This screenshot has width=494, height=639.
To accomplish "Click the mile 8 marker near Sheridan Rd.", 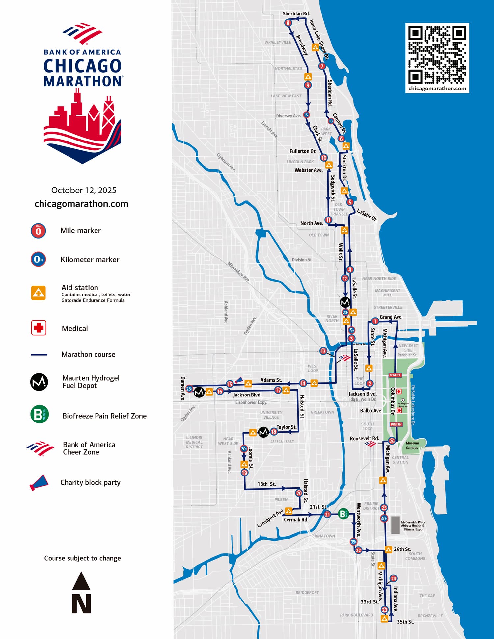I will pyautogui.click(x=288, y=23).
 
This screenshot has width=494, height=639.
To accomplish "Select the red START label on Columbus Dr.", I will pyautogui.click(x=395, y=375).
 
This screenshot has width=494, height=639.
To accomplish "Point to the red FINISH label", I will pyautogui.click(x=396, y=424).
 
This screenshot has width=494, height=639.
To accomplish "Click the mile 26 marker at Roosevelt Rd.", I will pyautogui.click(x=392, y=441).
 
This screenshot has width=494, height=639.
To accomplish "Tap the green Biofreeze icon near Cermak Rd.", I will pyautogui.click(x=343, y=514).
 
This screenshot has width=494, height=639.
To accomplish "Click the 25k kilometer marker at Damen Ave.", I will pyautogui.click(x=189, y=389).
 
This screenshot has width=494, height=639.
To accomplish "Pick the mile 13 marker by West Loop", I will pyautogui.click(x=323, y=351).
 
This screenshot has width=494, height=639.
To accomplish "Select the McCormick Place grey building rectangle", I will pyautogui.click(x=395, y=525).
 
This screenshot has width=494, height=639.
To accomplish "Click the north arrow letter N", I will pyautogui.click(x=81, y=604).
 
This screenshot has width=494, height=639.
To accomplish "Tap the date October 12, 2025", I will pyautogui.click(x=84, y=190).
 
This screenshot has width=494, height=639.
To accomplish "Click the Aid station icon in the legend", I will pyautogui.click(x=38, y=293).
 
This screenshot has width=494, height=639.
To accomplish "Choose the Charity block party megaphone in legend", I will pyautogui.click(x=39, y=483).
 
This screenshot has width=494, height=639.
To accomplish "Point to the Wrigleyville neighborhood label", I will pyautogui.click(x=278, y=42).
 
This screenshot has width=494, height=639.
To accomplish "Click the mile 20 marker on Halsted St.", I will pyautogui.click(x=299, y=493).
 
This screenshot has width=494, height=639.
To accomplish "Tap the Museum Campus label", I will pyautogui.click(x=412, y=445).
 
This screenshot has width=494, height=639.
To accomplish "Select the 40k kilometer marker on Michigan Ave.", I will pyautogui.click(x=384, y=519).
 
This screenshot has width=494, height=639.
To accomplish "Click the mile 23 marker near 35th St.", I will pyautogui.click(x=384, y=610).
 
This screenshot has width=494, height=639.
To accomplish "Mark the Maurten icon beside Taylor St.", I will pyautogui.click(x=263, y=432).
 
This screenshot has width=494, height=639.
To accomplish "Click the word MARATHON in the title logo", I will pyautogui.click(x=83, y=81).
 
